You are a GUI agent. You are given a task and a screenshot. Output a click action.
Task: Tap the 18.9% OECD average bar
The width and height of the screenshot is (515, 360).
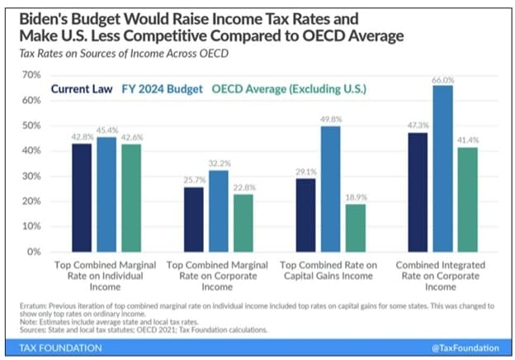point(357,228)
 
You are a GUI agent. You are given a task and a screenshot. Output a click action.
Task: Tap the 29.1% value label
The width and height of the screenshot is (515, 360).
point(306,173)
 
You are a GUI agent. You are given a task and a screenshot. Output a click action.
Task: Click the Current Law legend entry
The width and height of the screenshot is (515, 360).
point(83,89)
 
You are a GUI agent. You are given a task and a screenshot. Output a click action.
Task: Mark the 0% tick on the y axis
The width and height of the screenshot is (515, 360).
point(33,251)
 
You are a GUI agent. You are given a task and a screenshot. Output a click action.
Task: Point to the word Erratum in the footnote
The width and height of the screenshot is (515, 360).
point(36,306)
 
